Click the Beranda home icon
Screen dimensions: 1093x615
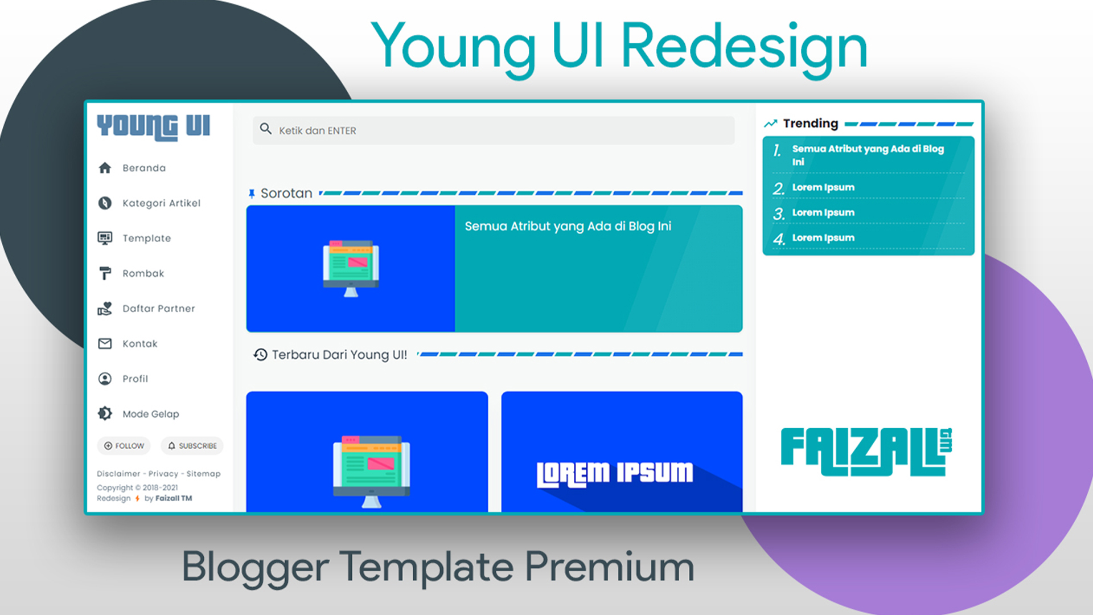[105, 168]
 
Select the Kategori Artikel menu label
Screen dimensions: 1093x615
[161, 203]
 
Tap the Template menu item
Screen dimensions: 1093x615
[146, 238]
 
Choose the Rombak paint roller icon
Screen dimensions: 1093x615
[105, 273]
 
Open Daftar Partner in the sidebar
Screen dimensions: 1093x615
[158, 309]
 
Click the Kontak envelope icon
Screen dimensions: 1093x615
[105, 343]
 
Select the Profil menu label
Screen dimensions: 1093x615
[135, 379]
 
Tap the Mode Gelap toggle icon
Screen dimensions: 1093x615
[105, 413]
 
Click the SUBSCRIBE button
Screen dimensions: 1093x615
[192, 446]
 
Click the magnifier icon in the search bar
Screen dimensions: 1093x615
[265, 129]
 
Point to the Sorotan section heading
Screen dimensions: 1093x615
[286, 194]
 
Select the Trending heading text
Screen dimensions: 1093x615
[811, 124]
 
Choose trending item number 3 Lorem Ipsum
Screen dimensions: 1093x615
[823, 212]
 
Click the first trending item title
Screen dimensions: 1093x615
[868, 155]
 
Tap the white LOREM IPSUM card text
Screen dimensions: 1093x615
[615, 474]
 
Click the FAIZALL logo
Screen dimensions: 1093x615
[866, 452]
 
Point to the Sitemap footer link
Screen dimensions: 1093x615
[203, 474]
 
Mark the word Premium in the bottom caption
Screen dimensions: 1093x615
[609, 567]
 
